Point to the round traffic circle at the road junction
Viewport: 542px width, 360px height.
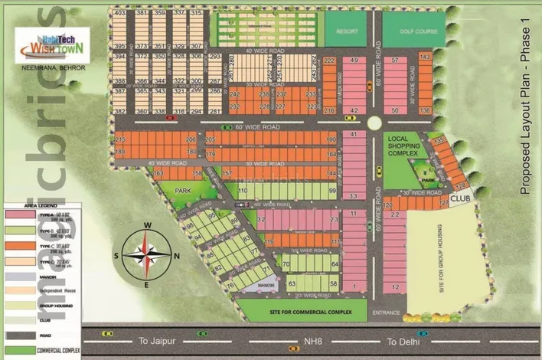[x=374, y=123]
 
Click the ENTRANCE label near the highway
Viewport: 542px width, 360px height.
[x=385, y=313]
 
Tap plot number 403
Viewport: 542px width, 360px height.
[x=119, y=14]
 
